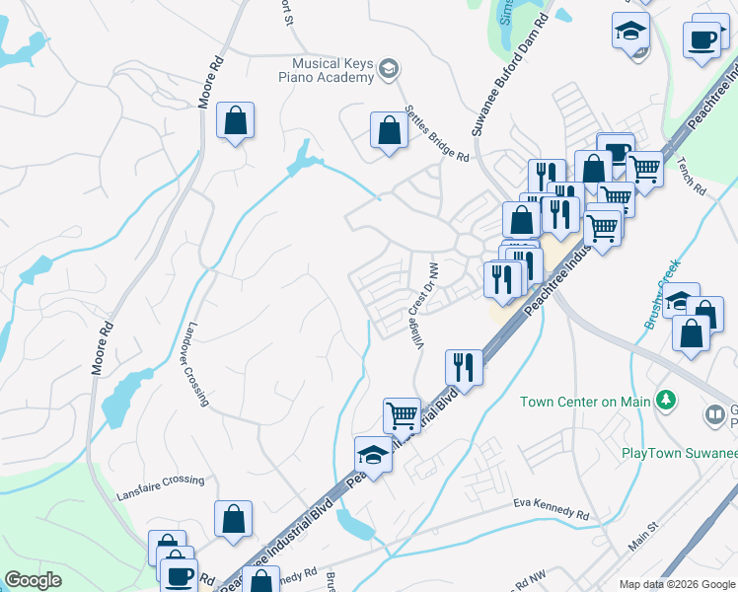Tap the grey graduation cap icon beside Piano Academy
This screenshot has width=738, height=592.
389,68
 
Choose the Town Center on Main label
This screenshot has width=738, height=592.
586,401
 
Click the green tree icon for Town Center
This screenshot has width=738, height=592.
667,400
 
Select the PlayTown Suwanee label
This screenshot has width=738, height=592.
679,453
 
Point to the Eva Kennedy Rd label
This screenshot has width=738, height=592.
551,509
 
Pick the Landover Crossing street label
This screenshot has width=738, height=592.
196,364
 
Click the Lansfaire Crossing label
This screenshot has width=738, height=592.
160,481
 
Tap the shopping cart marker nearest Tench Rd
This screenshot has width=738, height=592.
645,168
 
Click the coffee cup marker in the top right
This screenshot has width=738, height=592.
701,40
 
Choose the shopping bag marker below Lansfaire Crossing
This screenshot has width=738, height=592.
233,518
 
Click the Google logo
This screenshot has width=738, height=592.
33,579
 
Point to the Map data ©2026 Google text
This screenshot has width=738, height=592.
676,584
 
